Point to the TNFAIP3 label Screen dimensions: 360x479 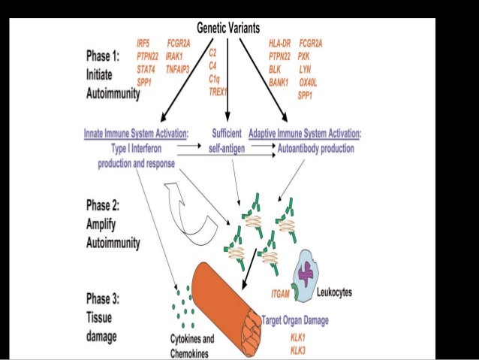coord(181,68)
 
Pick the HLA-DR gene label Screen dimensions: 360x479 coord(280,44)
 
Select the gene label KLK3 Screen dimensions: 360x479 coord(299,349)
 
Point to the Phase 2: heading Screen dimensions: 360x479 coord(104,204)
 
